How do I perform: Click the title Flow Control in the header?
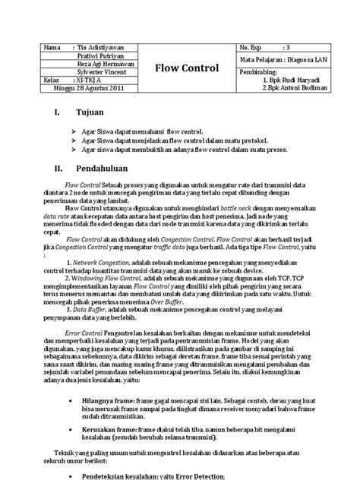point(187,68)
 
